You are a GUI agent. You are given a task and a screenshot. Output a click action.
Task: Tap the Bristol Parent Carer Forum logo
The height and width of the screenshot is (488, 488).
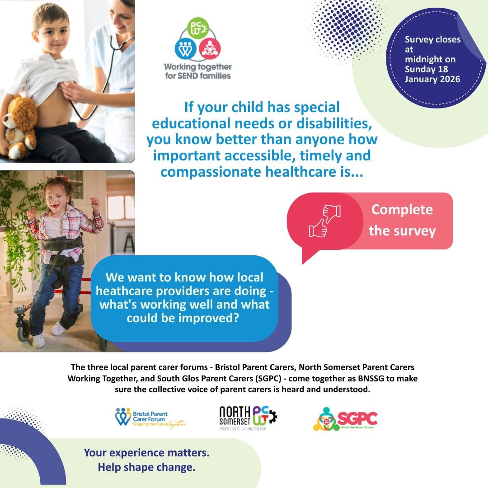pos(150,418)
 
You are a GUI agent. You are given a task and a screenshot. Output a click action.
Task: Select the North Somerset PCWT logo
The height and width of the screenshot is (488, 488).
pos(248,418)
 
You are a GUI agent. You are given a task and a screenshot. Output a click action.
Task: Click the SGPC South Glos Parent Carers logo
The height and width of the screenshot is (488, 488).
pos(345,419)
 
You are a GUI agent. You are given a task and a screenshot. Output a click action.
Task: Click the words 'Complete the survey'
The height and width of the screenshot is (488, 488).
pos(402,220)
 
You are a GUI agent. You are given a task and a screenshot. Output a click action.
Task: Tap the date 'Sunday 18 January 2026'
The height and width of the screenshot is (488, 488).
pos(432,74)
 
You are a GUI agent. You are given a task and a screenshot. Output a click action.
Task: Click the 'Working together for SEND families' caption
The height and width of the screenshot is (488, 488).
pos(197,71)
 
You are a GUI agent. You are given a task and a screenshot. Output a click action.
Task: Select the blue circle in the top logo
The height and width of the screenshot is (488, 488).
pos(186,50)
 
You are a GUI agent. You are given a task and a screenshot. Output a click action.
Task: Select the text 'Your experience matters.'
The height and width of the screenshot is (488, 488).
pos(146,452)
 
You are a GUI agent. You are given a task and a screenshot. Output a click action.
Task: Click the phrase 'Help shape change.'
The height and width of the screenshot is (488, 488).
pos(146,467)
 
